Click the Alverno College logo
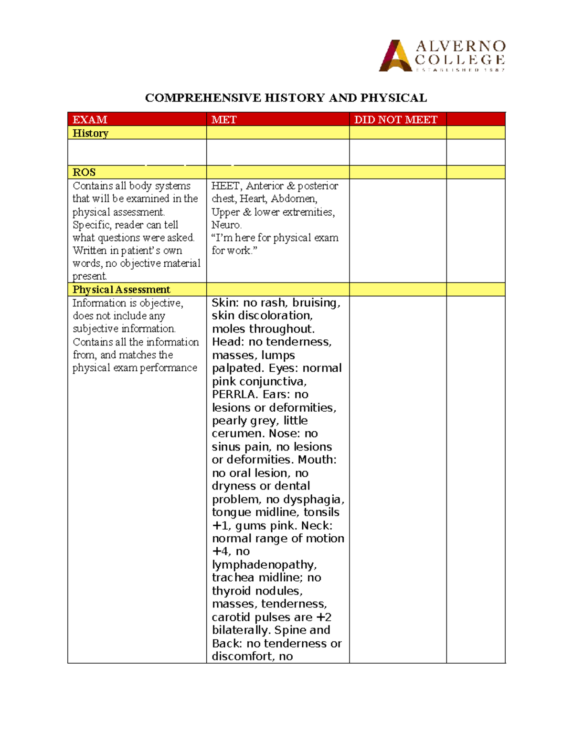pyautogui.click(x=442, y=56)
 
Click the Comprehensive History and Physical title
pyautogui.click(x=286, y=98)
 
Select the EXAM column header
pyautogui.click(x=90, y=119)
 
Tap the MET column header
pyautogui.click(x=224, y=119)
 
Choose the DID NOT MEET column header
pyautogui.click(x=395, y=119)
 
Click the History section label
pyautogui.click(x=90, y=133)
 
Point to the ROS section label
pyautogui.click(x=84, y=172)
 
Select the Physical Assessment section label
pyautogui.click(x=121, y=290)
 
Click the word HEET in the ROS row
pyautogui.click(x=225, y=186)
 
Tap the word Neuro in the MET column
pyautogui.click(x=226, y=225)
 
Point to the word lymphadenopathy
pyautogui.click(x=264, y=565)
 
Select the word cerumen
pyautogui.click(x=237, y=434)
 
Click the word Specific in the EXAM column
pyautogui.click(x=92, y=225)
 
